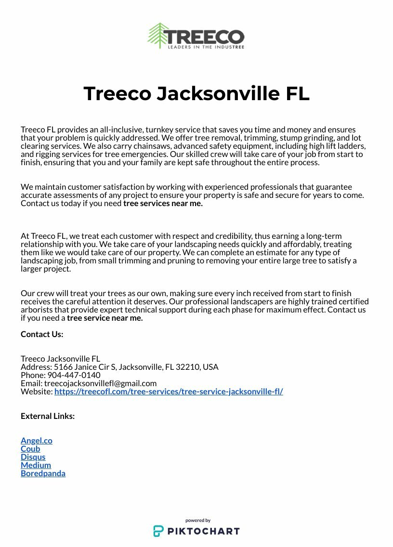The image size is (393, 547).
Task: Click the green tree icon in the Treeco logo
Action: pos(157,36)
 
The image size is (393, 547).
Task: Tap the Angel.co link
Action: pos(37,441)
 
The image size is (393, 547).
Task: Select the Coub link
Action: pos(30,449)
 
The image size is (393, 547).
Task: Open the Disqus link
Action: pos(33,457)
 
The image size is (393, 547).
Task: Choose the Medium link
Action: pos(36,465)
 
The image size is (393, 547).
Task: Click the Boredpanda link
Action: pos(43,473)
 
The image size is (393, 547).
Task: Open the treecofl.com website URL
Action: pos(169,391)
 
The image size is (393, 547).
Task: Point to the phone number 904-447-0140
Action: pos(74,375)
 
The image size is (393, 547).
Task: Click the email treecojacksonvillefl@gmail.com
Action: pos(100,383)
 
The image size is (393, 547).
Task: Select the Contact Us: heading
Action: pos(42,334)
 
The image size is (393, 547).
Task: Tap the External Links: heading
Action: pos(48,416)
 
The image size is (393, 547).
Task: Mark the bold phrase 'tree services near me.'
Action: pos(163,203)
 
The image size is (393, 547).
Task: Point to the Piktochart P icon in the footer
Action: pos(158,531)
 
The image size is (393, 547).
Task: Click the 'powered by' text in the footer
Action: pos(198,521)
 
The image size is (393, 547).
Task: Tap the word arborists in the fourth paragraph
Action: pos(36,310)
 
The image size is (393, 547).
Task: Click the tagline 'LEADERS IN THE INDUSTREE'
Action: pos(206,47)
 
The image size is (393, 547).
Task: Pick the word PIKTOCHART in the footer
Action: pos(203,532)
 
